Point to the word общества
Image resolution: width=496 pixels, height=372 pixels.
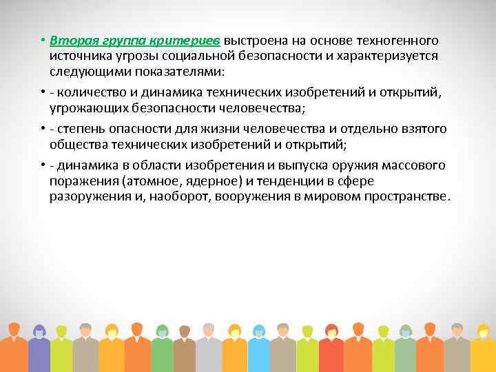(75, 144)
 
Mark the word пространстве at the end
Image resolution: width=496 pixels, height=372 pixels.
(409, 196)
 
